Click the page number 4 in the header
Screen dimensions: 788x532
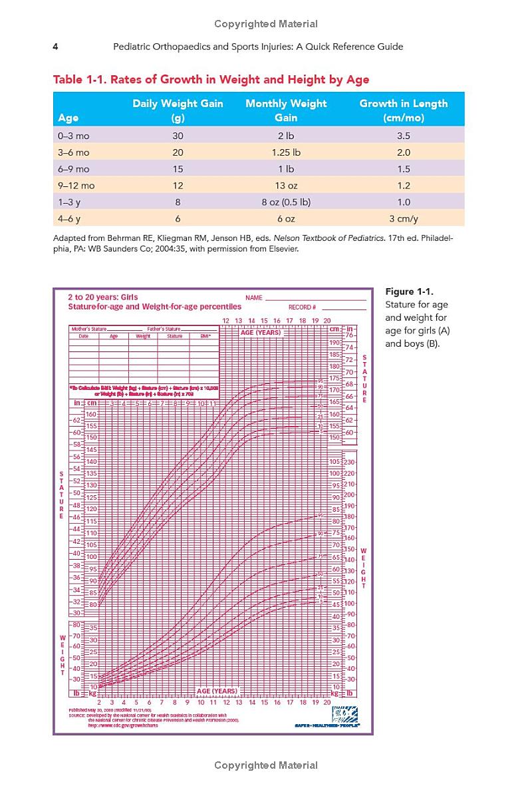[56, 47]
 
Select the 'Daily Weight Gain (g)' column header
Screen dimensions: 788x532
[178, 110]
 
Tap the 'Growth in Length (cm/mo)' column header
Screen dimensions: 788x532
[403, 110]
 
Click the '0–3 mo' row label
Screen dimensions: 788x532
[74, 136]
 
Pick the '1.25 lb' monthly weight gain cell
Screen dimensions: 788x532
[286, 152]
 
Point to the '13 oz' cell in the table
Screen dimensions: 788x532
[286, 186]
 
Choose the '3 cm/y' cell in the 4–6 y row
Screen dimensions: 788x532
[403, 219]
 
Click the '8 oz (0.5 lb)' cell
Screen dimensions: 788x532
[286, 202]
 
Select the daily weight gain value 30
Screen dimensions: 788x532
[178, 136]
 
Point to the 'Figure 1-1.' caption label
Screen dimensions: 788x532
[409, 292]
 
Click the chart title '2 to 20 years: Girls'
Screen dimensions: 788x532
[103, 297]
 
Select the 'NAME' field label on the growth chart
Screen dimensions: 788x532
[254, 298]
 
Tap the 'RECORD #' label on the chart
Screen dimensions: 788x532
[302, 307]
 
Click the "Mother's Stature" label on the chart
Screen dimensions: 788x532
[88, 329]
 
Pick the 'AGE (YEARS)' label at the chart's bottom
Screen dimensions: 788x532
[217, 691]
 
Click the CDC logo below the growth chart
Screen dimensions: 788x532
[345, 714]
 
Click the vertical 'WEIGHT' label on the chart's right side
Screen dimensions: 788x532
[363, 568]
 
